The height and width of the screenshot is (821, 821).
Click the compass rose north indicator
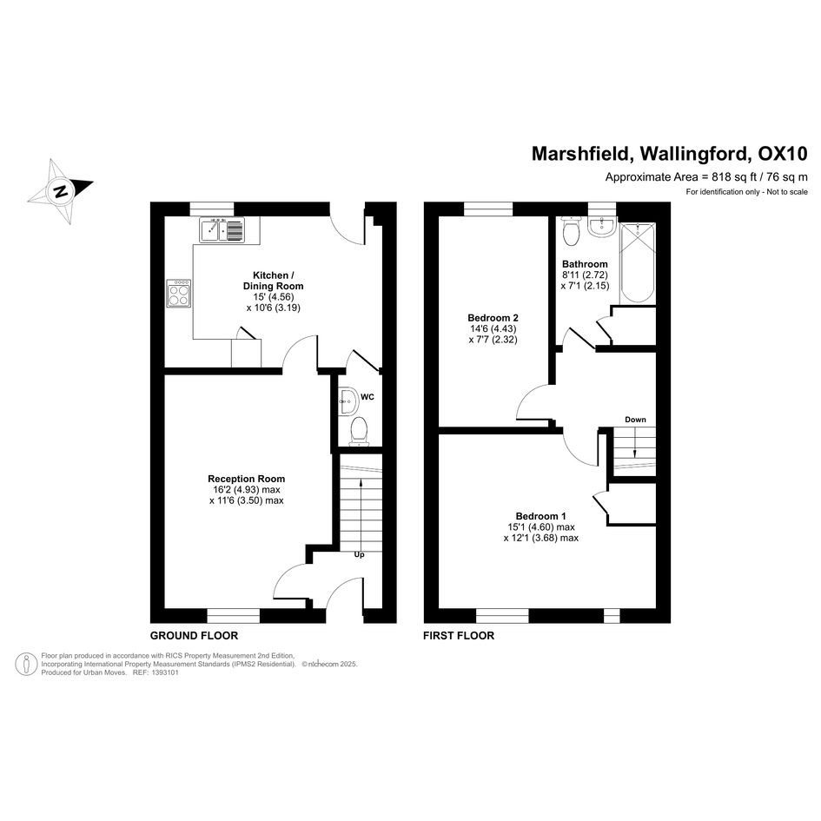(61, 190)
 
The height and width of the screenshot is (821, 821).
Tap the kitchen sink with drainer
(222, 229)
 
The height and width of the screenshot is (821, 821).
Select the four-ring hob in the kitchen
(179, 294)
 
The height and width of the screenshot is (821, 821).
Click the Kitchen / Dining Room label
(274, 281)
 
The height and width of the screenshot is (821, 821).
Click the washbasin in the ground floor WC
(348, 400)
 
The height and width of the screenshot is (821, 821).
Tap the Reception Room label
(247, 479)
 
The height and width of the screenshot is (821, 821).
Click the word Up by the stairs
(359, 554)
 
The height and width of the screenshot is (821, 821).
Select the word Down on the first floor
(635, 420)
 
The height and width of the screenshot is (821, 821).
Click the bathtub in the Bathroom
(637, 263)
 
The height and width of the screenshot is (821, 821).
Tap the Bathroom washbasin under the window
(601, 226)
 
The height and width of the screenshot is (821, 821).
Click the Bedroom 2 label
(493, 318)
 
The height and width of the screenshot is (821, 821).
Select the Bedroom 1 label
(541, 516)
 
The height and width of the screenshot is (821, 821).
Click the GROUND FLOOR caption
(195, 636)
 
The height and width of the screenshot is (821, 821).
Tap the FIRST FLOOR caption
(459, 636)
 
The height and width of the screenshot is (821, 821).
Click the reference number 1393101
(164, 672)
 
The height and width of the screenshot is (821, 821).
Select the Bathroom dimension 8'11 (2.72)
(585, 275)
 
